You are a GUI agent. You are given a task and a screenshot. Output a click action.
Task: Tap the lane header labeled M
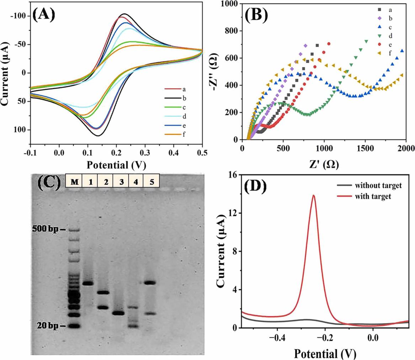[x=74, y=182]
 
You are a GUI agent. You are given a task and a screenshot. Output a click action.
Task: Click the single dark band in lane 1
[x=88, y=284]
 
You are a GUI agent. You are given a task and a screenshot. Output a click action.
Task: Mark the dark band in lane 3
[x=118, y=313]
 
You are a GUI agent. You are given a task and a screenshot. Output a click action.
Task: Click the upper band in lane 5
[x=150, y=283]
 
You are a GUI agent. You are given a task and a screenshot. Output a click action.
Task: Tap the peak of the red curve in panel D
[x=313, y=195]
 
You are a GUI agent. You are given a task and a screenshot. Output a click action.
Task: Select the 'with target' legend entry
[x=372, y=195]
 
